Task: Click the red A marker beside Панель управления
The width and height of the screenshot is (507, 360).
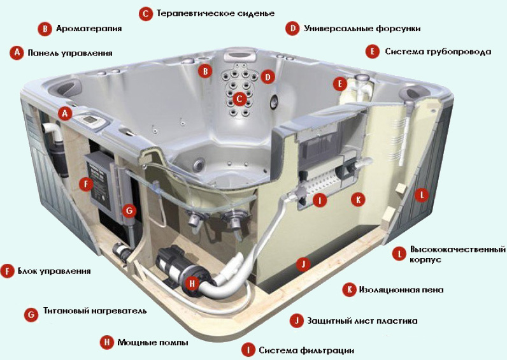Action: [17, 52]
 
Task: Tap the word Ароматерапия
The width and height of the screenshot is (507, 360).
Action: [89, 29]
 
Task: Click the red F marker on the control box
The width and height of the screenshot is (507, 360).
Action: [86, 184]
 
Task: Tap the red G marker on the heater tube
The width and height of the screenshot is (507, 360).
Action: [129, 211]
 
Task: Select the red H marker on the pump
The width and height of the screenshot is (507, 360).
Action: [192, 284]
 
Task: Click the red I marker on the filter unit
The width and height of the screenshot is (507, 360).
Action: [320, 201]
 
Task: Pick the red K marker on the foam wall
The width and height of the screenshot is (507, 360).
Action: [358, 199]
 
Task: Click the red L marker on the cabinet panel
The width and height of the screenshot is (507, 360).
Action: [422, 195]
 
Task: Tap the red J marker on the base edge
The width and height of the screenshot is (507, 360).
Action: [303, 264]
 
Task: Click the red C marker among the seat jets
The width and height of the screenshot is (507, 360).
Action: [239, 99]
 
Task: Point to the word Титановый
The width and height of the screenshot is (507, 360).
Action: [64, 311]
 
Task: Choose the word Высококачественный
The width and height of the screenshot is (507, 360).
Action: [458, 250]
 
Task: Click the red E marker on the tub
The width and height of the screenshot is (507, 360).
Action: [340, 84]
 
